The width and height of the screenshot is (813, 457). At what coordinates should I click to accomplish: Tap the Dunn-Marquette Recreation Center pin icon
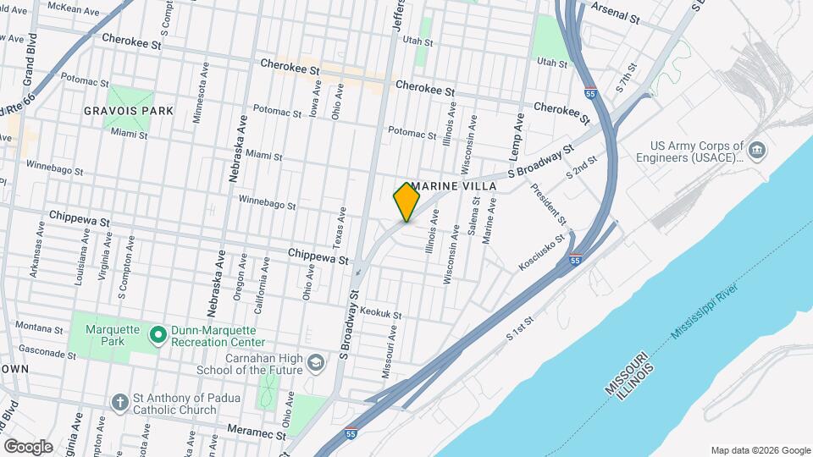(157, 335)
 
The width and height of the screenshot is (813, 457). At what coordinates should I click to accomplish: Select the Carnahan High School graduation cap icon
(316, 363)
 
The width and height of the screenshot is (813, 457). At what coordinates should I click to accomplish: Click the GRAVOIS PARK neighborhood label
(129, 111)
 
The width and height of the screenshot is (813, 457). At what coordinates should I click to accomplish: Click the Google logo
(28, 446)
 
